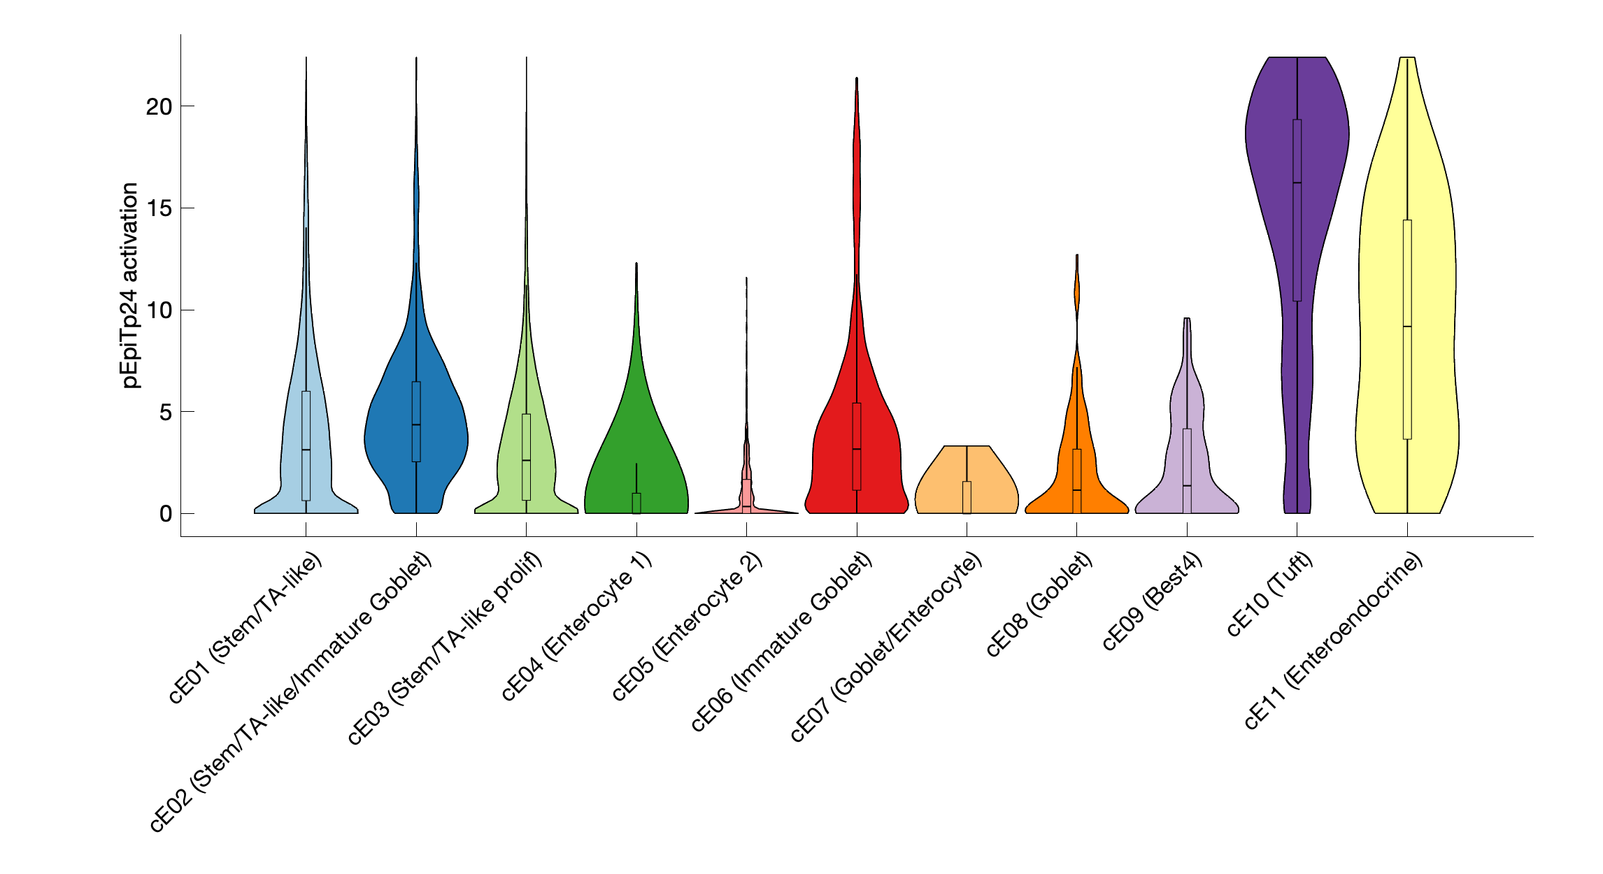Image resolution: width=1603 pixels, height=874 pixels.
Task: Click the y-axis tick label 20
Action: pos(159,106)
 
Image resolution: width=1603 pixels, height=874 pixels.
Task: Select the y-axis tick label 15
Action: pos(159,208)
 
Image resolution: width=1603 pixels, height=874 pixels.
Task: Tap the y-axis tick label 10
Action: pos(159,310)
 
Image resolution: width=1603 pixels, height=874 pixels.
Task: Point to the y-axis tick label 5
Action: pos(165,413)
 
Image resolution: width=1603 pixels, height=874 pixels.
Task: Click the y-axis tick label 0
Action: pos(165,514)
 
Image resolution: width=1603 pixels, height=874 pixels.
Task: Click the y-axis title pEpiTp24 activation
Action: pos(130,285)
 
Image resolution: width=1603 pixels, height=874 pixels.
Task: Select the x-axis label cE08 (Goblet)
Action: pos(1040,604)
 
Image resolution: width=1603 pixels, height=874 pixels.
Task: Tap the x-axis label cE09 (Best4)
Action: pos(1153,601)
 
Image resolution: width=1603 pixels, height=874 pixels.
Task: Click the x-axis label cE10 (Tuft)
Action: pos(1270,594)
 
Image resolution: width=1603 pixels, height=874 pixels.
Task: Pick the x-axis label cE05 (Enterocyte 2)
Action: pos(687,626)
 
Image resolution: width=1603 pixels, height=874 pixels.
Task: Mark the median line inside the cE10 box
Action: pos(1297,182)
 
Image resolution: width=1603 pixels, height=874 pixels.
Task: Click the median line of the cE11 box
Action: pos(1406,327)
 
